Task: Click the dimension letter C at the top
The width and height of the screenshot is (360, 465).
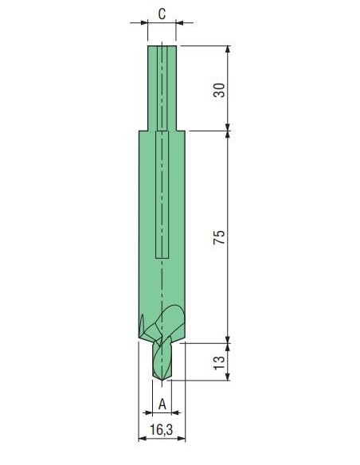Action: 162,14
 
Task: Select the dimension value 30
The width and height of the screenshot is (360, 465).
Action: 220,90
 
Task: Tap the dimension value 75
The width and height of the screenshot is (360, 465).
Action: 220,236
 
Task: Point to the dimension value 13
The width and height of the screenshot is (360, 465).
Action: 220,362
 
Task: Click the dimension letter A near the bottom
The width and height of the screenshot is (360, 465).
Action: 162,404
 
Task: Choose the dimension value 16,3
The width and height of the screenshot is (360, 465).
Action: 161,430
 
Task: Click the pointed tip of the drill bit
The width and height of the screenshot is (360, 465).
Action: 162,381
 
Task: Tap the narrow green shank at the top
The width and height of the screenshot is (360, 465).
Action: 162,88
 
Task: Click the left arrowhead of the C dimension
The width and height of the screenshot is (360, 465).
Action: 144,22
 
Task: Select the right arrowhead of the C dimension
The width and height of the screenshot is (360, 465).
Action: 180,22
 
